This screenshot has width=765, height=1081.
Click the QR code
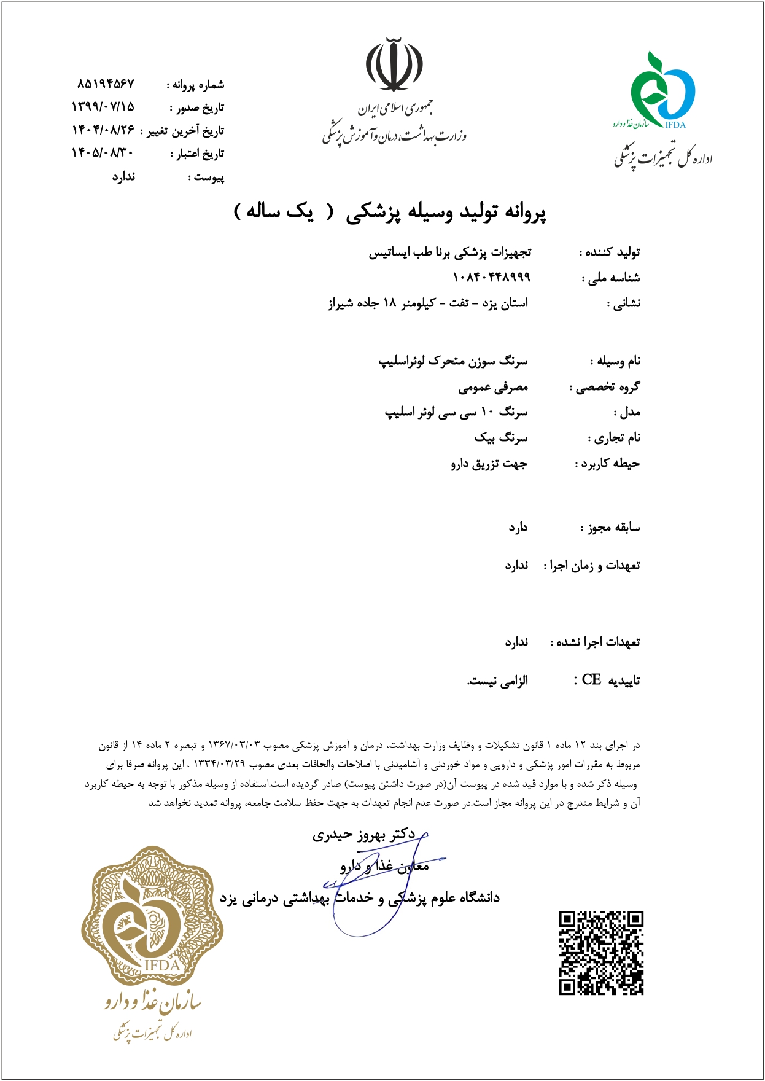coord(600,953)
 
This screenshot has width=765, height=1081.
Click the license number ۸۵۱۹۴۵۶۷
coord(106,84)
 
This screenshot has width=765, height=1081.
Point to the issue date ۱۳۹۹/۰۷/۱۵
coord(103,107)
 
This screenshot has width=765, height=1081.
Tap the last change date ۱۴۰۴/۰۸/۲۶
coord(103,130)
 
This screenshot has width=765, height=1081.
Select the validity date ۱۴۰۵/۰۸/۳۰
coord(103,153)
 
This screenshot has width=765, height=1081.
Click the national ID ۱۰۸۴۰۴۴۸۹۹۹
coord(491,278)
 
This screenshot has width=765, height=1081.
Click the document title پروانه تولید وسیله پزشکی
coord(446,212)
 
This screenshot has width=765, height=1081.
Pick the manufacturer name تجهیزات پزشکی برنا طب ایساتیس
coord(449,252)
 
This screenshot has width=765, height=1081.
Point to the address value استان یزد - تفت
coord(428,303)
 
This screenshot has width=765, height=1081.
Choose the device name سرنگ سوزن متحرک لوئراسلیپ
coord(453,361)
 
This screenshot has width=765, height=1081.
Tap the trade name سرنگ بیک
coord(500,438)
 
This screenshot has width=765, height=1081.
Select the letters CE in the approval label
coord(591,679)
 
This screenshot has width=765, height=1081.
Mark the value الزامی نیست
coord(497,681)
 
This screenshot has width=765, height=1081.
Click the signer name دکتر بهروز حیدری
coord(363,835)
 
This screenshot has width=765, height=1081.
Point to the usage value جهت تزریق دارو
coord(489,464)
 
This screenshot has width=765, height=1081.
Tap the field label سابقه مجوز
coord(612,528)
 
